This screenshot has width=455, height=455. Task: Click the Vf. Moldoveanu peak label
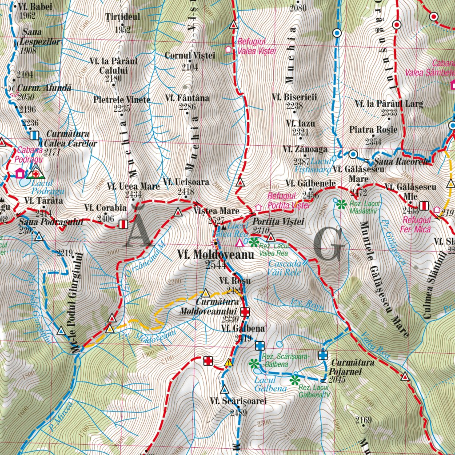215,255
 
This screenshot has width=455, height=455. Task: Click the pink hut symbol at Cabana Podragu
20,173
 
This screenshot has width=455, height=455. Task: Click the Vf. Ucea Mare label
133,187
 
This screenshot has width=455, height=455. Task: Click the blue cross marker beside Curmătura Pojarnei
323,355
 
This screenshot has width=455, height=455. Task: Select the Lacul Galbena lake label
265,384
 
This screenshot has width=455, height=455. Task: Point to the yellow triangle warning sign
229,362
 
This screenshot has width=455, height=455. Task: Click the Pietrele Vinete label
122,100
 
